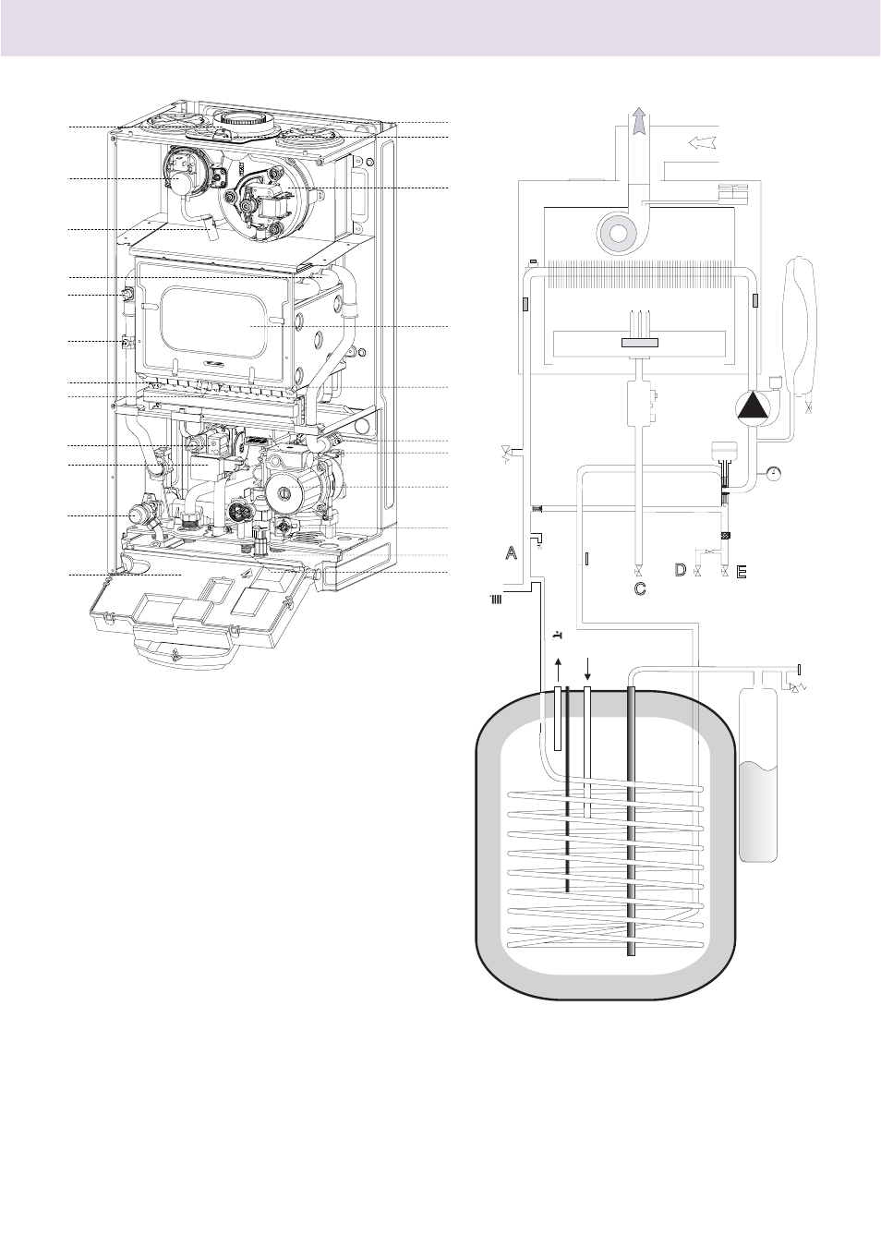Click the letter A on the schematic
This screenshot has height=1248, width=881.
coord(511,552)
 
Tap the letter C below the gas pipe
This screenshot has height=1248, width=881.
coord(640,588)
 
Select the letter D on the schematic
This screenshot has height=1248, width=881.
coord(680,570)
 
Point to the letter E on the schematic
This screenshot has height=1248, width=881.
coord(742,572)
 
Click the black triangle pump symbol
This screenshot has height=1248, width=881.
coord(752,406)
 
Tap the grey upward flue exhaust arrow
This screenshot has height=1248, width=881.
coord(640,120)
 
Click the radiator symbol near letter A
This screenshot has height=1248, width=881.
coord(496,600)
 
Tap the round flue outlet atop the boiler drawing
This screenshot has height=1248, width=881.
coord(241,120)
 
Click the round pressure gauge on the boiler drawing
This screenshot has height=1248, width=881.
coord(138,514)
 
